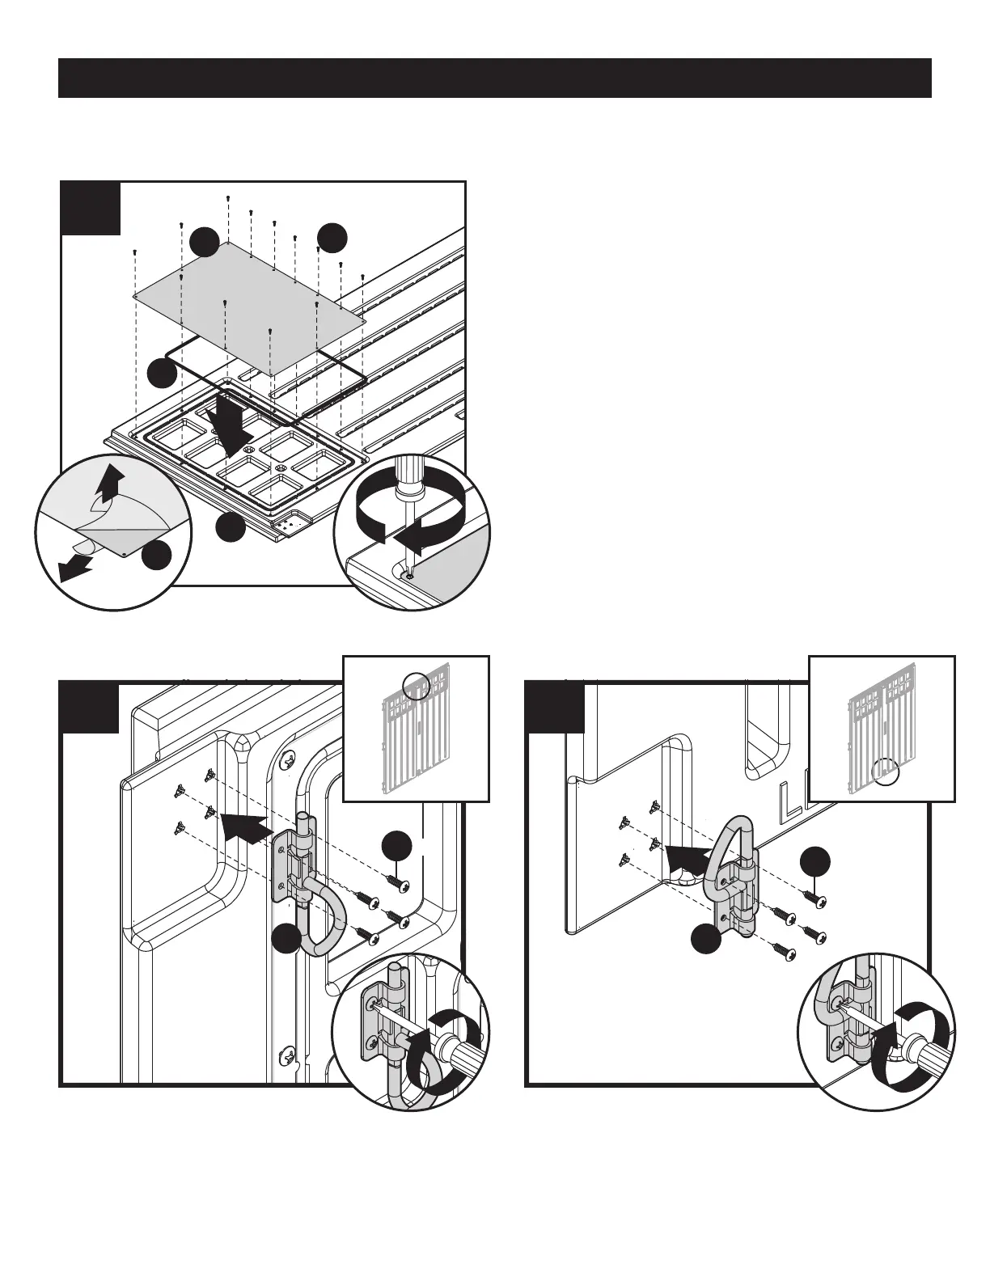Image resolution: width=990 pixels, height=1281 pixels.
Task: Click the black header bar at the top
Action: pyautogui.click(x=495, y=78)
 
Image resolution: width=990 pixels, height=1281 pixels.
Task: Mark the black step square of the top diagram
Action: pyautogui.click(x=91, y=208)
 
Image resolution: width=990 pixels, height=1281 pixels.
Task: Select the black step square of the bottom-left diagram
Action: pyautogui.click(x=89, y=708)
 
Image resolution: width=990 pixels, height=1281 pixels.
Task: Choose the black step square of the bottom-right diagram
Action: pyautogui.click(x=555, y=708)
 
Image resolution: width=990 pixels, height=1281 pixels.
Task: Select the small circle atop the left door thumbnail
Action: pyautogui.click(x=417, y=685)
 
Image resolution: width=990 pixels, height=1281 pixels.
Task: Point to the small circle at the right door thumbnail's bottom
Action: pyautogui.click(x=886, y=772)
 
